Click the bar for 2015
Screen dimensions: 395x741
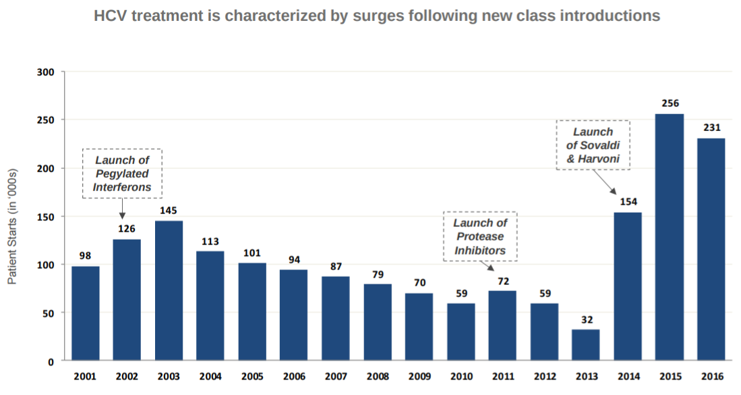669,237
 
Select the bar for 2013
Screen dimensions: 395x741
585,345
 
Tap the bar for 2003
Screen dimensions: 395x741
169,290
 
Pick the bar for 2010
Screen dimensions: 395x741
461,332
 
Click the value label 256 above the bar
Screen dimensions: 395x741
669,103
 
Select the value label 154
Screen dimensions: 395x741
627,201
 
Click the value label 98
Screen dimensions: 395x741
85,255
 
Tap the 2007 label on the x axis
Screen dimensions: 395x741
335,375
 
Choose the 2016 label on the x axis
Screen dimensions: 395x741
711,375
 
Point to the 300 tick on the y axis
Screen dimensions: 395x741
55,72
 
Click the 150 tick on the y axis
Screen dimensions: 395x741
55,217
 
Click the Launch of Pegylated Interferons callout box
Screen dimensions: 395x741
122,174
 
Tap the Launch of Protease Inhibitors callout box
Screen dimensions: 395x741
480,236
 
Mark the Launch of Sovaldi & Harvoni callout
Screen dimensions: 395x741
593,145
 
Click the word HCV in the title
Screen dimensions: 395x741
110,16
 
